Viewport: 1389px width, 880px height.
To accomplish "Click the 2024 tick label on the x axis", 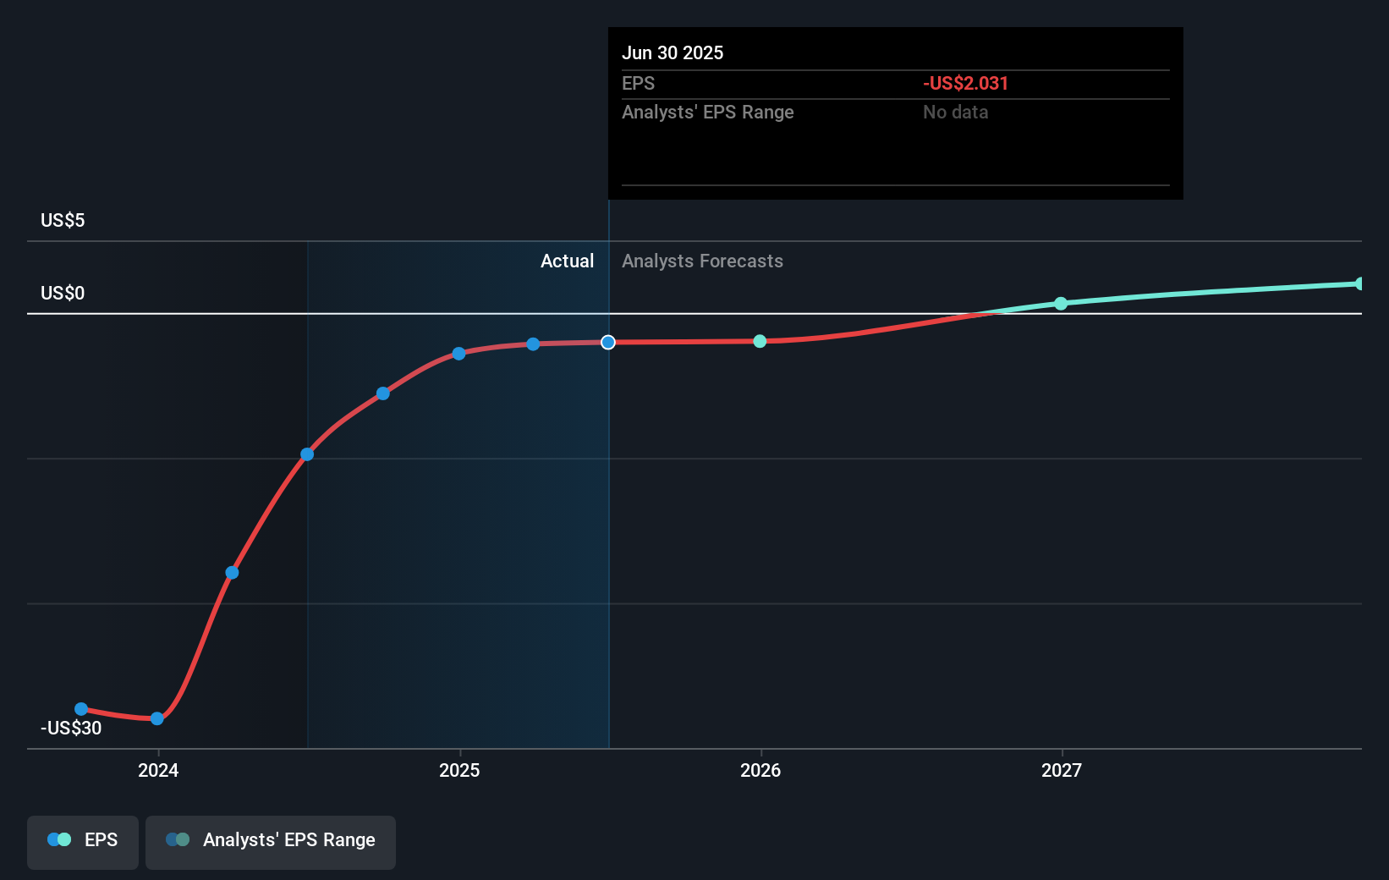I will pyautogui.click(x=158, y=770).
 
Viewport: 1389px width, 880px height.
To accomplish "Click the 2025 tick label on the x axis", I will pyautogui.click(x=459, y=770).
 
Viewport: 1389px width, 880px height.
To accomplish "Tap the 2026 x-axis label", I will pyautogui.click(x=760, y=770).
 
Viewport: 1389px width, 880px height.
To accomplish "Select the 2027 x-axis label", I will pyautogui.click(x=1062, y=770).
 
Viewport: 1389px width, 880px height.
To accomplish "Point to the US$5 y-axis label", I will pyautogui.click(x=63, y=221).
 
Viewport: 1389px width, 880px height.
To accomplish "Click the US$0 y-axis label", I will pyautogui.click(x=63, y=294).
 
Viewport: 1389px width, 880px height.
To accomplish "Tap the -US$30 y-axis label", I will pyautogui.click(x=71, y=728).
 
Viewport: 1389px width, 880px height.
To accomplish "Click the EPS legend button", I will pyautogui.click(x=83, y=840).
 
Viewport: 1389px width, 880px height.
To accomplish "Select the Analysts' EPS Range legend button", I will pyautogui.click(x=271, y=840).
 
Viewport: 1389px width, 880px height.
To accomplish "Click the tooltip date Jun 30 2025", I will pyautogui.click(x=673, y=52).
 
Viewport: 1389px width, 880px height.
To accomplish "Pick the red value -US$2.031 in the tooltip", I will pyautogui.click(x=965, y=83).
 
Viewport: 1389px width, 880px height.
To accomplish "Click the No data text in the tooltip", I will pyautogui.click(x=955, y=112).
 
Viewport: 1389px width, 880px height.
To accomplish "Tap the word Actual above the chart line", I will pyautogui.click(x=567, y=261).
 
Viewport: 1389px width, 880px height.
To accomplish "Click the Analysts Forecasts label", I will pyautogui.click(x=702, y=261).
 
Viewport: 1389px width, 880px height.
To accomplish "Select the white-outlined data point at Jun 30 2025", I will pyautogui.click(x=608, y=342).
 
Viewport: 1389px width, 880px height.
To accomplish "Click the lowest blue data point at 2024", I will pyautogui.click(x=157, y=718).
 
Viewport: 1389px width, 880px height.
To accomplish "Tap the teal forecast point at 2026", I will pyautogui.click(x=760, y=341).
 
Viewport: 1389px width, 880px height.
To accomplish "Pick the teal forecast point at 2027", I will pyautogui.click(x=1061, y=303).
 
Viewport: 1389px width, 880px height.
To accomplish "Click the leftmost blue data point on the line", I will pyautogui.click(x=81, y=709).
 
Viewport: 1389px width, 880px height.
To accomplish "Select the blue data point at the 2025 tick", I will pyautogui.click(x=458, y=354).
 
